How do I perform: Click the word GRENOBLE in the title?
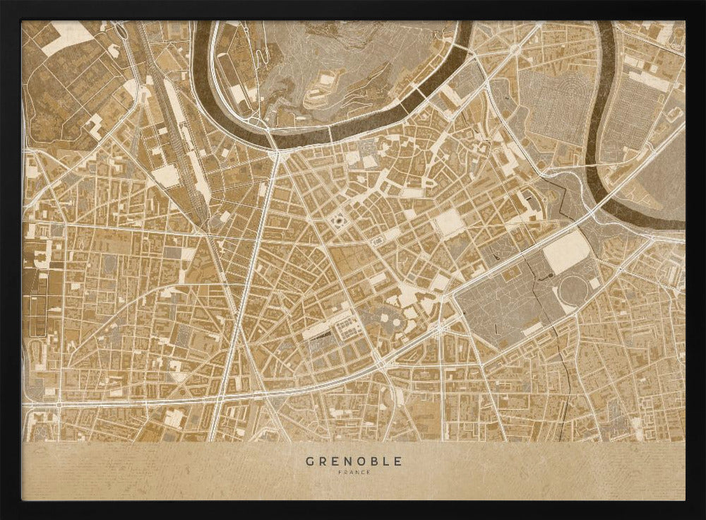tap(354, 461)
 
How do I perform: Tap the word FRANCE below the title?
tap(354, 473)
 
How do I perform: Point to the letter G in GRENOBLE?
tap(309, 461)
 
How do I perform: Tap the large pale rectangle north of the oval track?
tap(566, 252)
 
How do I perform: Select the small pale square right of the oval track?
tap(594, 283)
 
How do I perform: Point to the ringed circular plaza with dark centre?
tap(337, 222)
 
